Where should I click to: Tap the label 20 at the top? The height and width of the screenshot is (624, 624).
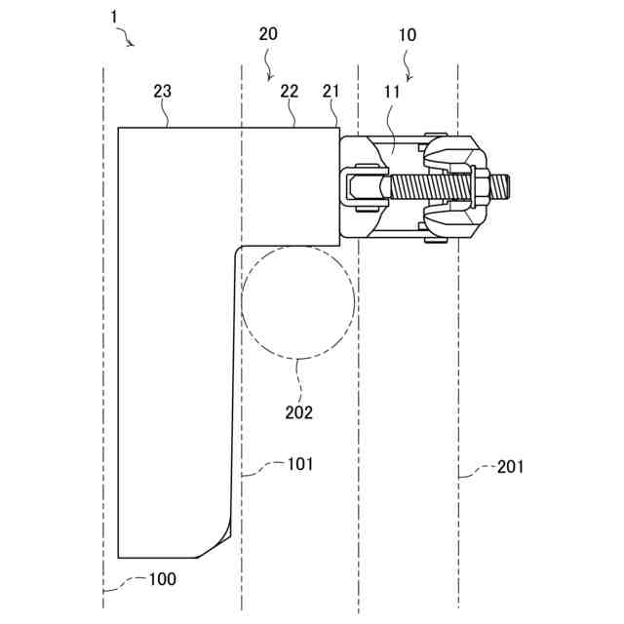pyautogui.click(x=268, y=33)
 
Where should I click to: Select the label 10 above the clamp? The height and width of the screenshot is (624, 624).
pyautogui.click(x=408, y=35)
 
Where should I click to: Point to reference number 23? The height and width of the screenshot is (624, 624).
pyautogui.click(x=163, y=91)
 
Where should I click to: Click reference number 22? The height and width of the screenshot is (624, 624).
pyautogui.click(x=289, y=91)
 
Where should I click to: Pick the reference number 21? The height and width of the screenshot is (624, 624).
pyautogui.click(x=331, y=91)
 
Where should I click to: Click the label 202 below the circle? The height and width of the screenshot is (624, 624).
pyautogui.click(x=298, y=411)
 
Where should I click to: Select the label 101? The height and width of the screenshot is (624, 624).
pyautogui.click(x=299, y=464)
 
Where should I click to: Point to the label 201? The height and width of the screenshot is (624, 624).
pyautogui.click(x=510, y=467)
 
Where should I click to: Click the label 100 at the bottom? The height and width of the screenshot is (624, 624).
pyautogui.click(x=162, y=579)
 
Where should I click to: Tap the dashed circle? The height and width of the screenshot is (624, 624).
pyautogui.click(x=297, y=301)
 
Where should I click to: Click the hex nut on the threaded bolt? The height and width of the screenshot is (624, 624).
pyautogui.click(x=481, y=184)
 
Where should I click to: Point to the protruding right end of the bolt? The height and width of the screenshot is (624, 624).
pyautogui.click(x=500, y=184)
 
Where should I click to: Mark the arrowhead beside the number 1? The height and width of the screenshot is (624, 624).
pyautogui.click(x=133, y=45)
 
